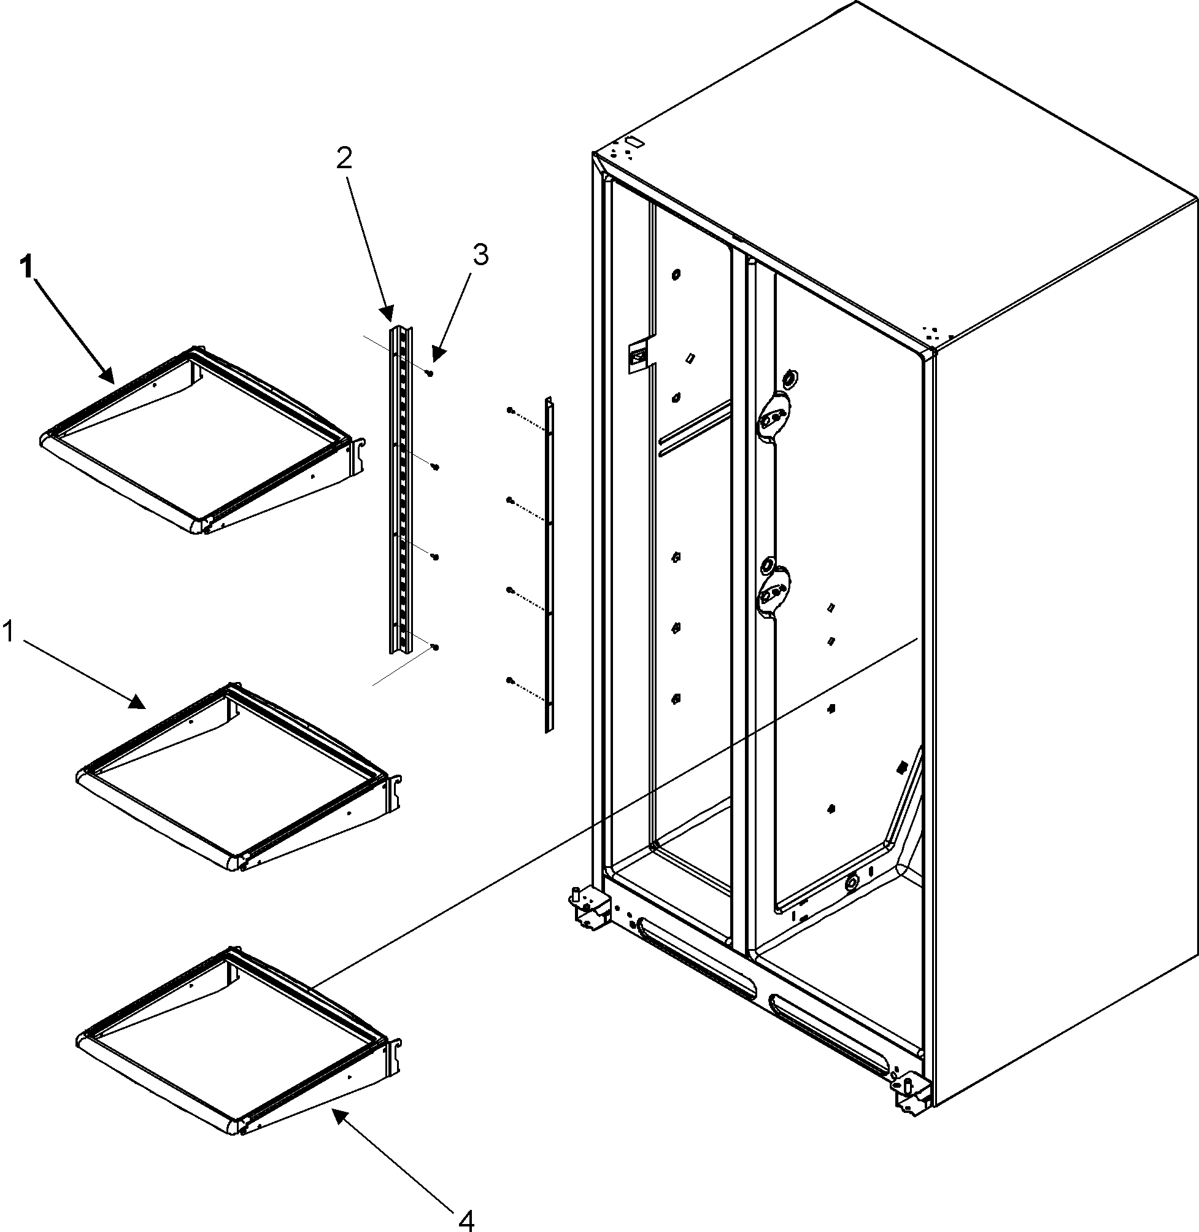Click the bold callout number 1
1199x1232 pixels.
point(25,268)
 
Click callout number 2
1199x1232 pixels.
point(344,160)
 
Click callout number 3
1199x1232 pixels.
point(480,255)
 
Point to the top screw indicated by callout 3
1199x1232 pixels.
point(430,373)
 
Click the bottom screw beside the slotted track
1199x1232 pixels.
point(435,647)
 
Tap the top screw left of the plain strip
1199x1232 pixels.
point(509,410)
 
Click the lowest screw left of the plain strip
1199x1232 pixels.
point(509,680)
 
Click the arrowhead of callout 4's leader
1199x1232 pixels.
point(339,1117)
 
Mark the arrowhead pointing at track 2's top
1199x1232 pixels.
point(387,313)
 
